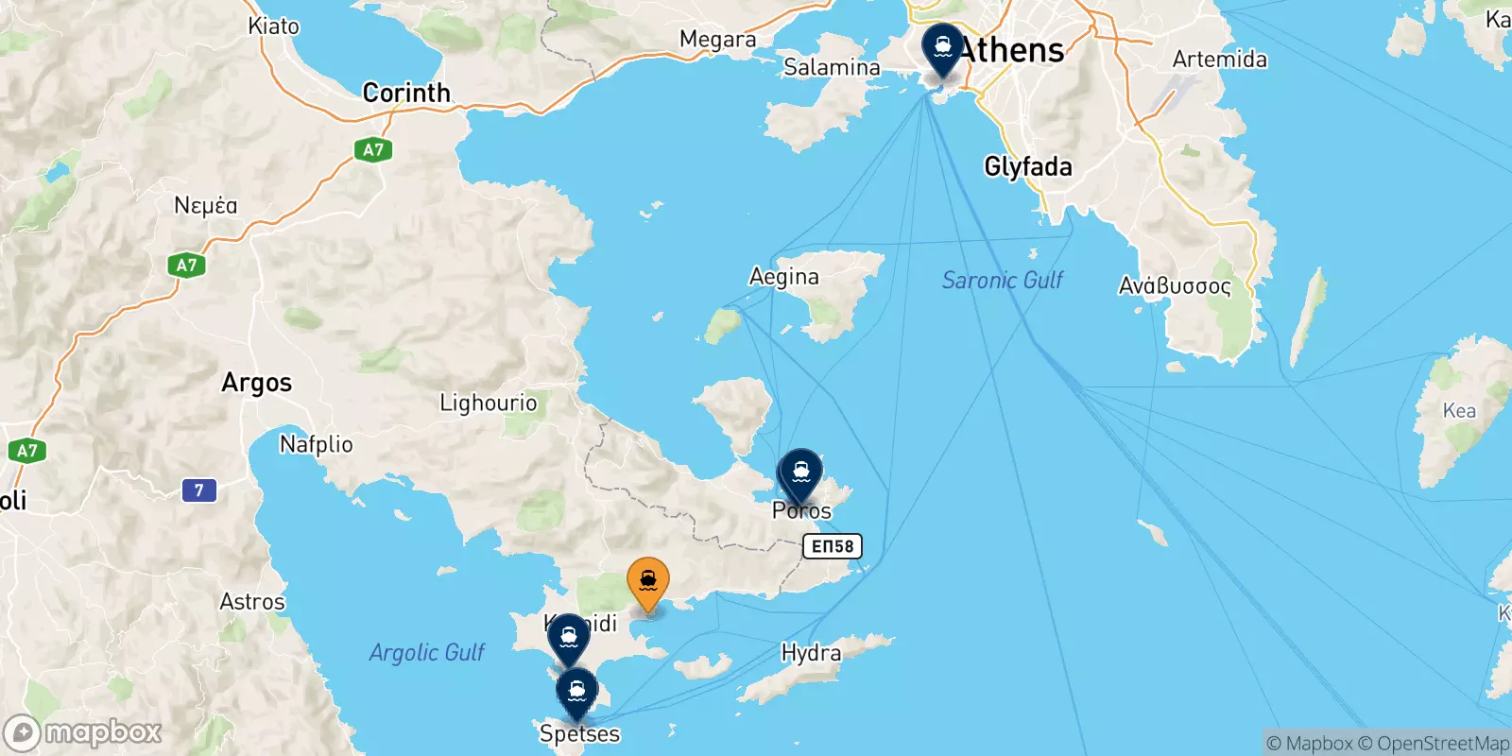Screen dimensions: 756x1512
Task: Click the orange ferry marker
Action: (648, 581)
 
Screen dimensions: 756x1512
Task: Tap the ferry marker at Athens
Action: (942, 46)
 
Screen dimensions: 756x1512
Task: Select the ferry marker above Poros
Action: (800, 472)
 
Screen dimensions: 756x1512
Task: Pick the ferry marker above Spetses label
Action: (576, 692)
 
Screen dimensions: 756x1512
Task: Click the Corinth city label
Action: (406, 93)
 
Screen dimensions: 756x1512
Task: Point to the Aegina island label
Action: (783, 277)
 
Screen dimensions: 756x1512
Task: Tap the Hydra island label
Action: (811, 653)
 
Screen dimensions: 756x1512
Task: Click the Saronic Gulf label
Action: (1002, 280)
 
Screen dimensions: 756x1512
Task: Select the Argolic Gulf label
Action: (426, 652)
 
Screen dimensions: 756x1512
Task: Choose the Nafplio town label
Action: (317, 444)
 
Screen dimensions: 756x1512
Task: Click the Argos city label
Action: (256, 383)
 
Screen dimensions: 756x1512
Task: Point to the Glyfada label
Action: (1028, 167)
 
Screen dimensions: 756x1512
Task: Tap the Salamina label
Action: (832, 67)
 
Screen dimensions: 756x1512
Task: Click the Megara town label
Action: (717, 40)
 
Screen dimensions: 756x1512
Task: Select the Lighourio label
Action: (488, 404)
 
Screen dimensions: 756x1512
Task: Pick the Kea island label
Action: (1458, 410)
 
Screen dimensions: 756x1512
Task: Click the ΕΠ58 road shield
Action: (833, 546)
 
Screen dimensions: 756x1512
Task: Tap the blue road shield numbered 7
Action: (198, 490)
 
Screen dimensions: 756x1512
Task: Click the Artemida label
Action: (1219, 60)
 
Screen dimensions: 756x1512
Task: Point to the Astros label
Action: (251, 602)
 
